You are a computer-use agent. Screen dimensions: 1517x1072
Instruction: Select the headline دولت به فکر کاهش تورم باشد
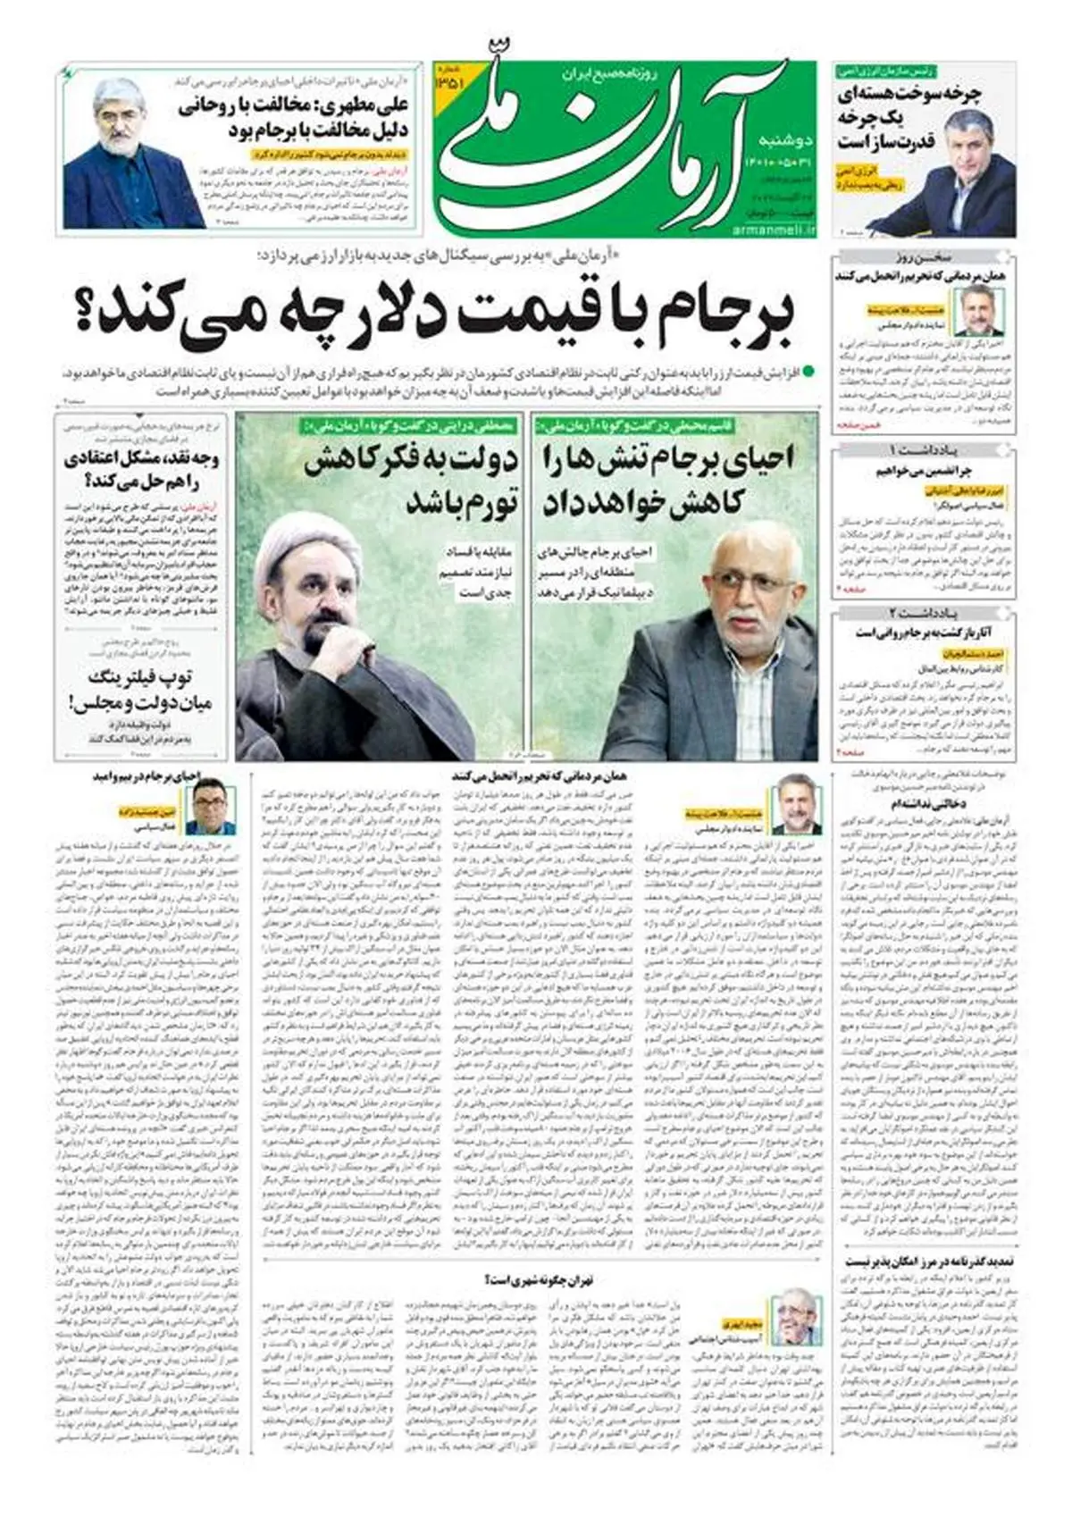(411, 478)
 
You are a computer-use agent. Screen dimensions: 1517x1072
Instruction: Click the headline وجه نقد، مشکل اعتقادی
(143, 472)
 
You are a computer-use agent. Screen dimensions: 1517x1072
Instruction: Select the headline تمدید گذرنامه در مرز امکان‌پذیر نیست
(934, 1262)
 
